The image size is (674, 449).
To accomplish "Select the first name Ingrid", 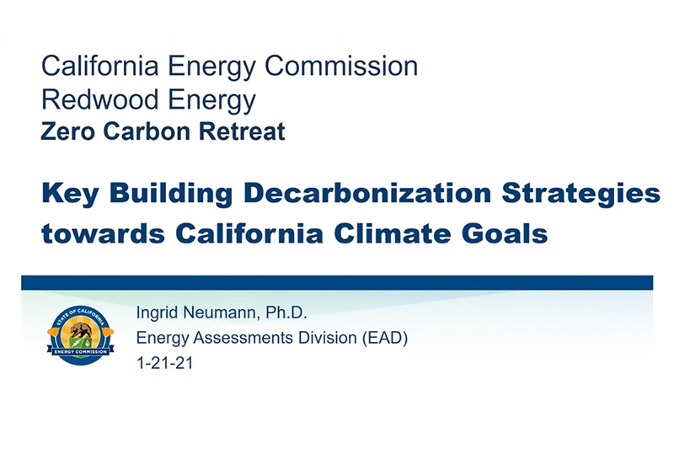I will point(158,315).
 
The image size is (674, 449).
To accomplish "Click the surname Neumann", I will point(226,314).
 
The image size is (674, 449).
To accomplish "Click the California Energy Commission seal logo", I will point(80,334).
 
